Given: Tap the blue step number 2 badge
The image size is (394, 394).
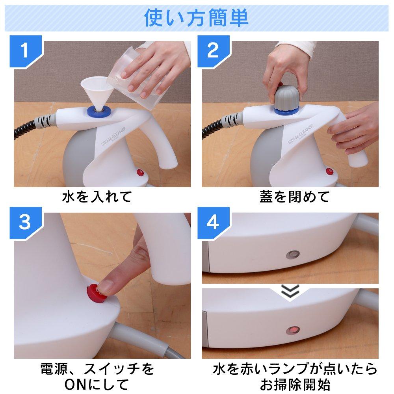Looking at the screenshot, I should (x=212, y=50).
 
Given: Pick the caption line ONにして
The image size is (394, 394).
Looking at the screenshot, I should (x=96, y=383).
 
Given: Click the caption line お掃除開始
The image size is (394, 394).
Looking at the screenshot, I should (x=294, y=383).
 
